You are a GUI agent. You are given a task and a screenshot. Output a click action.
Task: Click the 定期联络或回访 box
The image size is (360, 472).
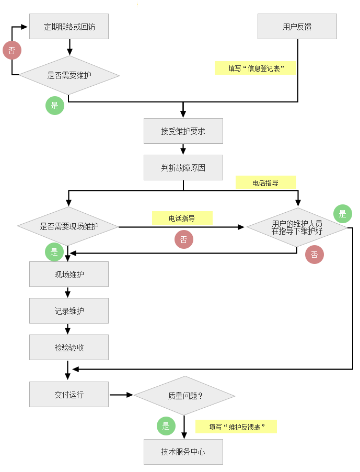pos(69,27)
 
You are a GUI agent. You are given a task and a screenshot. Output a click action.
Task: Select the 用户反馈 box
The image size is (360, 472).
pos(297,27)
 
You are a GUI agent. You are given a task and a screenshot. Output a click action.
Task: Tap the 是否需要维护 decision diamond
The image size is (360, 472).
pos(69,75)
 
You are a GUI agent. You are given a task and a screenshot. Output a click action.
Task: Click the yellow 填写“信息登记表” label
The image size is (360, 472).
pos(256,68)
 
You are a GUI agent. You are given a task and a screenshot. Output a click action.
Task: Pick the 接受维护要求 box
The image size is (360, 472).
pos(183,131)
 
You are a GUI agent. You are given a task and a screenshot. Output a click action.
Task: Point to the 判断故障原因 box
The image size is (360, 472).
pos(183,168)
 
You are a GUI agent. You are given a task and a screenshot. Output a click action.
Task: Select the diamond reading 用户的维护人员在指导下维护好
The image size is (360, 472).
pos(297,227)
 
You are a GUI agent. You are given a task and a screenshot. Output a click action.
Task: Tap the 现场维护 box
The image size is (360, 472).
pos(69,274)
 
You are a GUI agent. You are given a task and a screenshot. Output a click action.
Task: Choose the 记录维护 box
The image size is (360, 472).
pos(69,310)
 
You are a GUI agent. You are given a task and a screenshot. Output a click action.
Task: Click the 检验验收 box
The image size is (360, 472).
pos(69,347)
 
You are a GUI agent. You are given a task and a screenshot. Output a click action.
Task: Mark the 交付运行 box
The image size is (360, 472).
pos(69,395)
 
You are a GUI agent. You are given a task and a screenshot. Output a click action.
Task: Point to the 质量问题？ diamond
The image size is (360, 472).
pos(184,396)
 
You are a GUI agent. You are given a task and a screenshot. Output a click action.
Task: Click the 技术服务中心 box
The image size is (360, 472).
pos(183,452)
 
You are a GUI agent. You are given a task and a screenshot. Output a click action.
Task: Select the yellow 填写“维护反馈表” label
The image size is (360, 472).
pos(236,427)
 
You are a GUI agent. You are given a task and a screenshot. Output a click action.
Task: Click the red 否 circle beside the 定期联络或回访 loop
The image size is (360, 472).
pos(12,51)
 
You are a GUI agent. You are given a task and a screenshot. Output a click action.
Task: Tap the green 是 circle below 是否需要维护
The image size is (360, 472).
pos(55,106)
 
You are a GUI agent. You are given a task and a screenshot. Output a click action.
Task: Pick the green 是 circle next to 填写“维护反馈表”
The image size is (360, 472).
pos(166,426)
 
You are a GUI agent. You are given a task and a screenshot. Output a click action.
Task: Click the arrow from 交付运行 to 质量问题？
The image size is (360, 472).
pos(121,395)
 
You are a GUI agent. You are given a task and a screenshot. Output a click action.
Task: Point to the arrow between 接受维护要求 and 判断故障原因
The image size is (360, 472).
pos(183,149)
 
